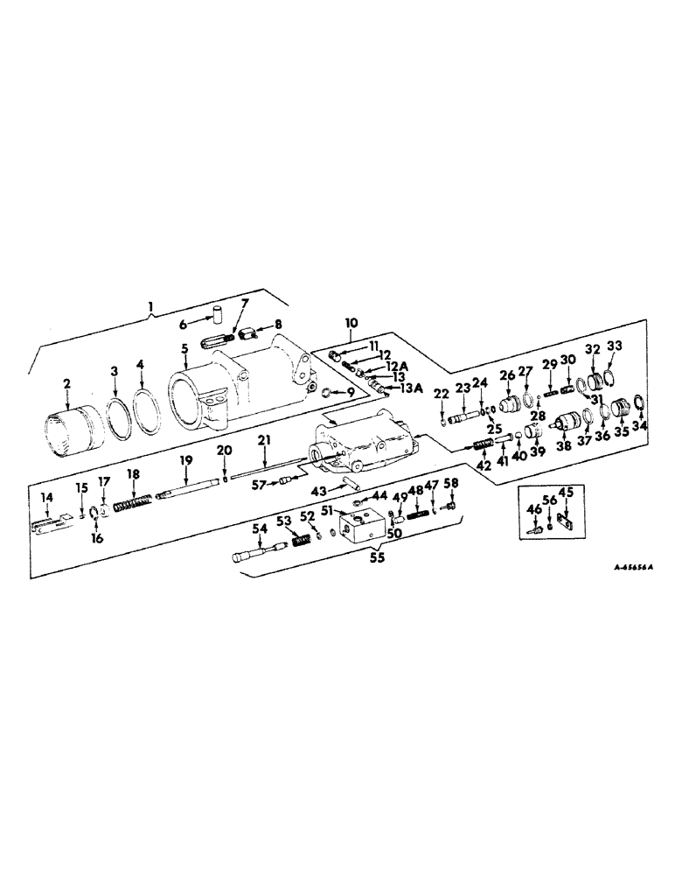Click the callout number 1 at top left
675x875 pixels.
coord(152,306)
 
